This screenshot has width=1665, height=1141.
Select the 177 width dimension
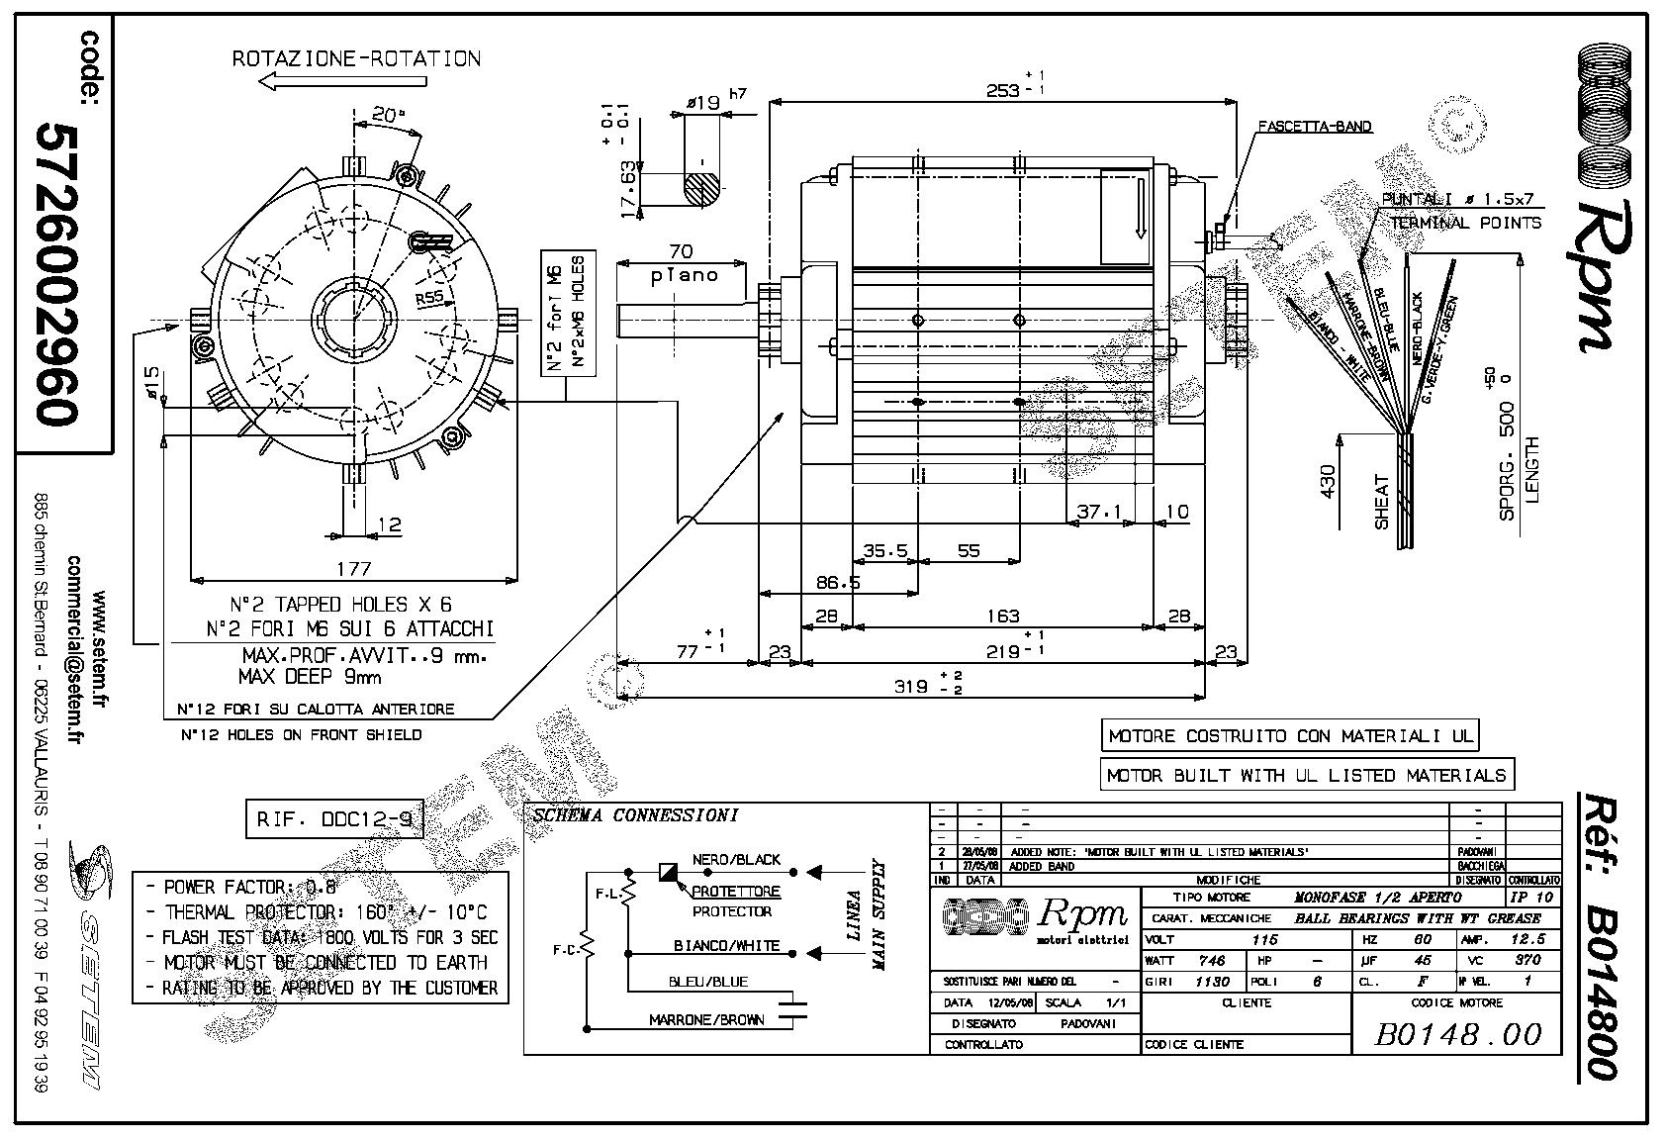[x=353, y=568]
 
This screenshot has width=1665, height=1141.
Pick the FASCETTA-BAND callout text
[x=1314, y=127]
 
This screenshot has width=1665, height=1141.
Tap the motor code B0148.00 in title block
[x=1457, y=1034]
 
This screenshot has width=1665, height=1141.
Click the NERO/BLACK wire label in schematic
[x=736, y=859]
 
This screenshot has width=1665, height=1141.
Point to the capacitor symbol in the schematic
[x=792, y=1008]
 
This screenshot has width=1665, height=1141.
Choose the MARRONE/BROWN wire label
[x=706, y=1019]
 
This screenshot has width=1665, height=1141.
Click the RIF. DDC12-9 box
[x=333, y=819]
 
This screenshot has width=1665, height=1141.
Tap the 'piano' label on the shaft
[x=683, y=275]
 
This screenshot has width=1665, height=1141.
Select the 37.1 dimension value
[x=1099, y=512]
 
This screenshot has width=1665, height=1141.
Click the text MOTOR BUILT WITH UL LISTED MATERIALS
[x=1306, y=775]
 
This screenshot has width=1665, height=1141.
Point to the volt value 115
[x=1265, y=939]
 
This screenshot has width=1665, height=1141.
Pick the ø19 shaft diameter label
[x=702, y=102]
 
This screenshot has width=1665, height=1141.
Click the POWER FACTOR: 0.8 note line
[x=241, y=887]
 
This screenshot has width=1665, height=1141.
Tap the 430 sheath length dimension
[x=1329, y=481]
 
